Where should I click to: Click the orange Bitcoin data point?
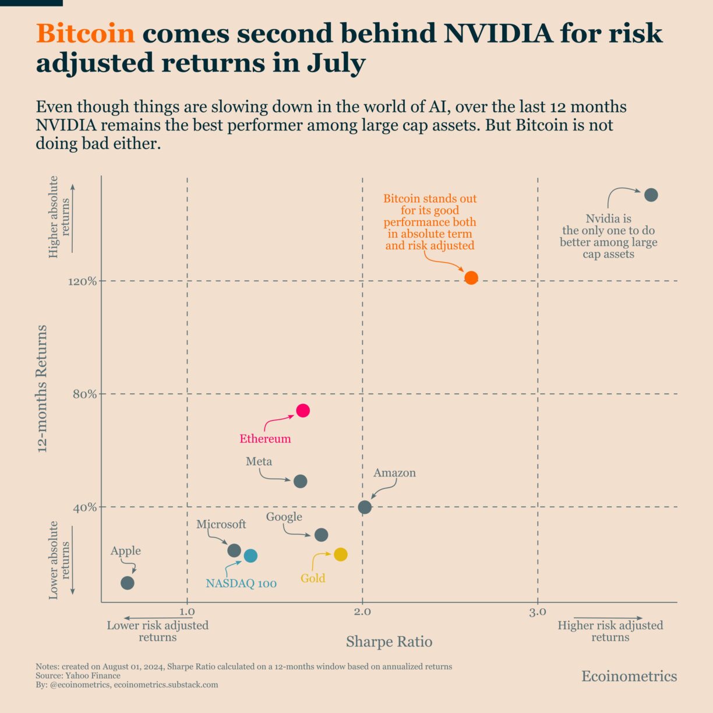pos(471,278)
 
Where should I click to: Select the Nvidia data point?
pos(651,195)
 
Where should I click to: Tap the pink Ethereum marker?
pos(302,411)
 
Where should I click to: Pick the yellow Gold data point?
pos(340,555)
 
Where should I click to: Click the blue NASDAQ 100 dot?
pos(250,556)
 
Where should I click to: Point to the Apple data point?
pos(128,583)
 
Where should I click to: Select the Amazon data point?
pos(365,507)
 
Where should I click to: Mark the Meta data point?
pos(300,481)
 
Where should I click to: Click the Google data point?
pos(321,535)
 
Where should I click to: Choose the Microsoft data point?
pos(234,550)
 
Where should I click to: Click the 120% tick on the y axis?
pos(82,281)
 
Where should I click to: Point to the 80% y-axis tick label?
pos(84,394)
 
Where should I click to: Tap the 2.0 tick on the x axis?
pos(362,612)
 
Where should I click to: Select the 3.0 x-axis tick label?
pos(538,612)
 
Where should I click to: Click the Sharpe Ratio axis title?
pos(389,641)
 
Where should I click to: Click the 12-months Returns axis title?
pos(42,389)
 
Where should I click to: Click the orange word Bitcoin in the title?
pos(85,33)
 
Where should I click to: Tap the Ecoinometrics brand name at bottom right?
pos(629,676)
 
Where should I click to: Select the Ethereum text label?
pos(265,439)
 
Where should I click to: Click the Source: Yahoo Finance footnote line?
pos(78,676)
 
